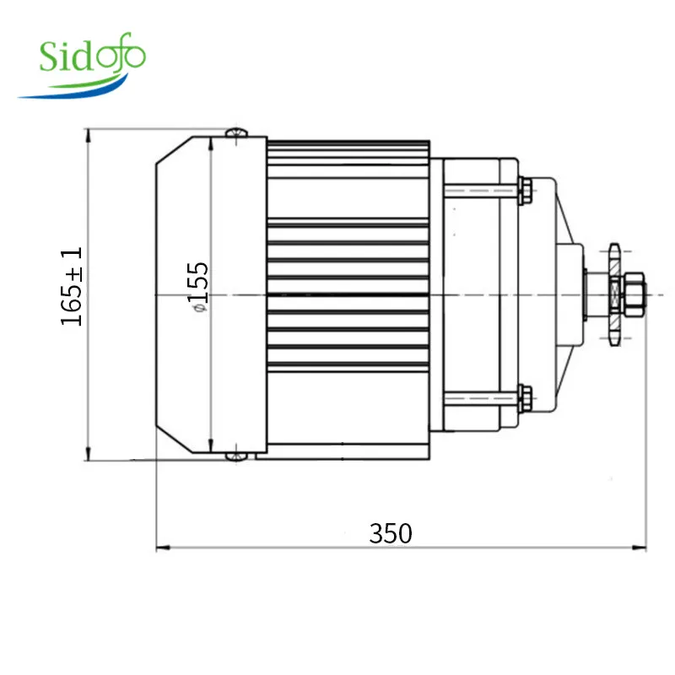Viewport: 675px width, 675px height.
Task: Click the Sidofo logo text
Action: (93, 55)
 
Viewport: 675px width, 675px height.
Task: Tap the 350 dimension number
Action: (391, 533)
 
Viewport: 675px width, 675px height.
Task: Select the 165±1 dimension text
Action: (71, 286)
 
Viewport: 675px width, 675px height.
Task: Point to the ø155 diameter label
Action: (198, 287)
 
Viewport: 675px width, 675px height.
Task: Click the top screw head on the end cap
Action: (236, 132)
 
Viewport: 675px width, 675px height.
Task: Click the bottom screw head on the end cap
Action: (236, 456)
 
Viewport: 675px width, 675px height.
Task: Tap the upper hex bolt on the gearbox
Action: (525, 190)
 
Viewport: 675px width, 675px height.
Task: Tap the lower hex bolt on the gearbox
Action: (525, 398)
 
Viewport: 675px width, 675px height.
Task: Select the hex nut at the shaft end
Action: (634, 294)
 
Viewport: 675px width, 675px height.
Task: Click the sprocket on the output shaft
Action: (614, 294)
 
